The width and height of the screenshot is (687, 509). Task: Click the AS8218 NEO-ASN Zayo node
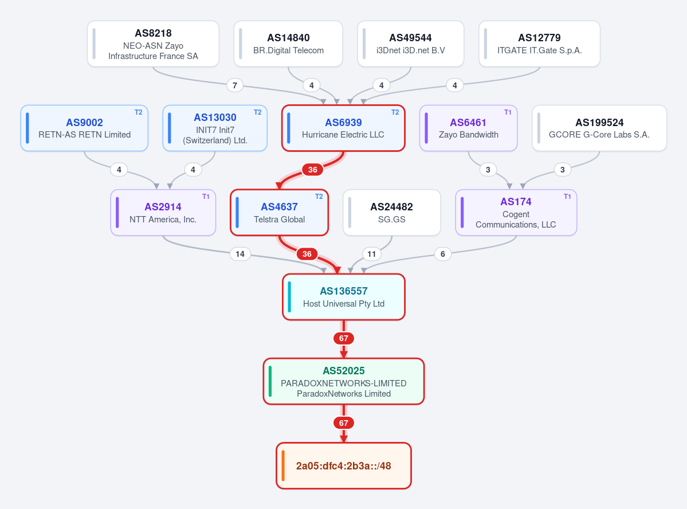tap(153, 44)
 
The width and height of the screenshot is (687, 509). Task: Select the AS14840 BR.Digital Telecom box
tap(288, 44)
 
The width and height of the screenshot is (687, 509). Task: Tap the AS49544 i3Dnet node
tap(410, 44)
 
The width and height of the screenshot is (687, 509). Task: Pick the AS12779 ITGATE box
tap(539, 44)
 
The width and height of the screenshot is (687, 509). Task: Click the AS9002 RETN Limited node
tap(85, 128)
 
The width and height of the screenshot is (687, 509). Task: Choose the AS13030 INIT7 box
tap(215, 128)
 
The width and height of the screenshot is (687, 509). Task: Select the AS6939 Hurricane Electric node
tap(343, 128)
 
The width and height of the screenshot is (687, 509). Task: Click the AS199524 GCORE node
tap(599, 128)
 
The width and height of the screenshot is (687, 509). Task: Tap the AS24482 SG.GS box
tap(392, 213)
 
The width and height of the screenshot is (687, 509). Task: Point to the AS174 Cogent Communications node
tap(516, 213)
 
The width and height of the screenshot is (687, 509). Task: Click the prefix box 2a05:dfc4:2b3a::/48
tap(344, 465)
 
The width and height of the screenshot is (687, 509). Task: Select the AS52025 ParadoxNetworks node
tap(344, 381)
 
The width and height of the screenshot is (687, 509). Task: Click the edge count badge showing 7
tap(235, 85)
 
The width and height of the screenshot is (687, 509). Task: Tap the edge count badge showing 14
tap(240, 254)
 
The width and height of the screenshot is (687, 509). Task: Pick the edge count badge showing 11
tap(371, 254)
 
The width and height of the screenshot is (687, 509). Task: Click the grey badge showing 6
tap(442, 254)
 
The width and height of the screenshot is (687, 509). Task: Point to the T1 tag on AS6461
tap(508, 112)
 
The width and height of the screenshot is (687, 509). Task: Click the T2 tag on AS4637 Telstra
tap(319, 197)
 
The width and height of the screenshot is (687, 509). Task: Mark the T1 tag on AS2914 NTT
tap(206, 197)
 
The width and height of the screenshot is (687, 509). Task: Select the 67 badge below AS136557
tap(344, 338)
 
